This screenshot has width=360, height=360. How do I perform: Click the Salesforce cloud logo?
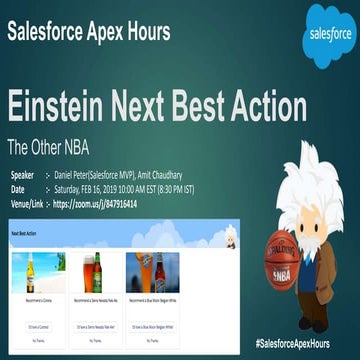tap(329, 35)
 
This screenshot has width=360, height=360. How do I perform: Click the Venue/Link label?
tap(30, 204)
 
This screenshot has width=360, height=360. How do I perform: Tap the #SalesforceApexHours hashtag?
tap(304, 343)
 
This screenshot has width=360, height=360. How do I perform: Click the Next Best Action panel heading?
tap(29, 233)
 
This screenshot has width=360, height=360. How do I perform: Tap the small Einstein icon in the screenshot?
tap(229, 239)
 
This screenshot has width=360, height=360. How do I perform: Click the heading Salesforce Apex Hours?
tap(89, 31)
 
